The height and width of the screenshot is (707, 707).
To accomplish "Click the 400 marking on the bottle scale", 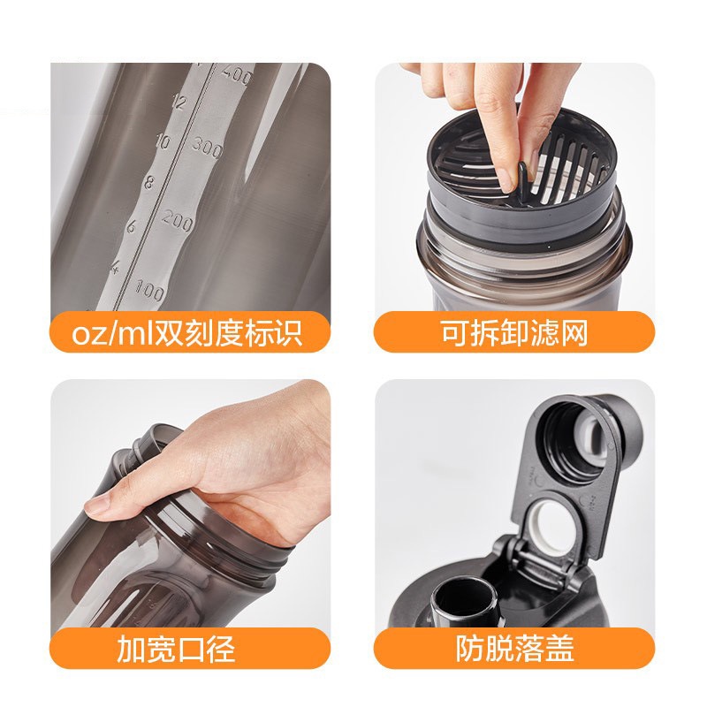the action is pyautogui.click(x=237, y=75).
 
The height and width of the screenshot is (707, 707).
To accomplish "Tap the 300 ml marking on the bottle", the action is pyautogui.click(x=208, y=147).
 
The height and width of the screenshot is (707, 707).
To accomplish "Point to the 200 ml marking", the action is pyautogui.click(x=178, y=220).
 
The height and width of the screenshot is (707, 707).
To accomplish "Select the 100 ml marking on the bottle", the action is pyautogui.click(x=149, y=291).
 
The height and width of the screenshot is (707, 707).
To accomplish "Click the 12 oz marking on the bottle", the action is pyautogui.click(x=179, y=102).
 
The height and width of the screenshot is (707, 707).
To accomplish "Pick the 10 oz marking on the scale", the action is pyautogui.click(x=163, y=141).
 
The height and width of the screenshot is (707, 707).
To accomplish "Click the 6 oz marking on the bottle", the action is pyautogui.click(x=131, y=226).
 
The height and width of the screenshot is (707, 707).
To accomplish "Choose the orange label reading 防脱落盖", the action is pyautogui.click(x=514, y=649).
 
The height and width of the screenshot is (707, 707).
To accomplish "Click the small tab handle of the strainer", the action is pyautogui.click(x=523, y=178).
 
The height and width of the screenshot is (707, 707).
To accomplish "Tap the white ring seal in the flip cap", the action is pyautogui.click(x=553, y=520).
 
